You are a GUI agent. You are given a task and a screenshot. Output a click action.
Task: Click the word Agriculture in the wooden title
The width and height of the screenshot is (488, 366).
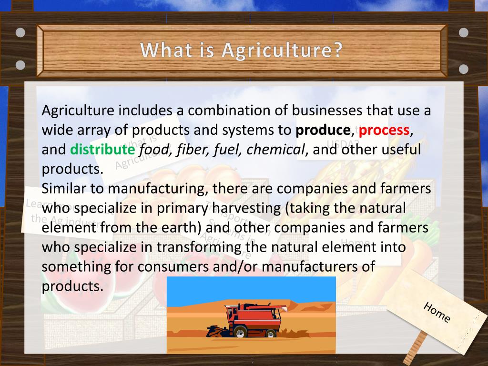(x=282, y=50)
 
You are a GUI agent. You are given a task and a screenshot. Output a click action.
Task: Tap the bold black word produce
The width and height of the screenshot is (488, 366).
(x=323, y=130)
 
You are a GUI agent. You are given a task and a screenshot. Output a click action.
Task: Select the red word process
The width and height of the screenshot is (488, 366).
(x=384, y=130)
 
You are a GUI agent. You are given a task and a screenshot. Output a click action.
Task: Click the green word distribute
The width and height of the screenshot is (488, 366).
(x=102, y=150)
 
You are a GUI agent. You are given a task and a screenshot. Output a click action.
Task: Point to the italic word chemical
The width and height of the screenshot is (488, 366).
(x=276, y=150)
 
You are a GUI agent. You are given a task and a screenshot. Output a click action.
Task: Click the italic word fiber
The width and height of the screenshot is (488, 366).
(x=193, y=150)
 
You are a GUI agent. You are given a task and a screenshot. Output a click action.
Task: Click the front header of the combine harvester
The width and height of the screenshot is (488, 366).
(x=213, y=330)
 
